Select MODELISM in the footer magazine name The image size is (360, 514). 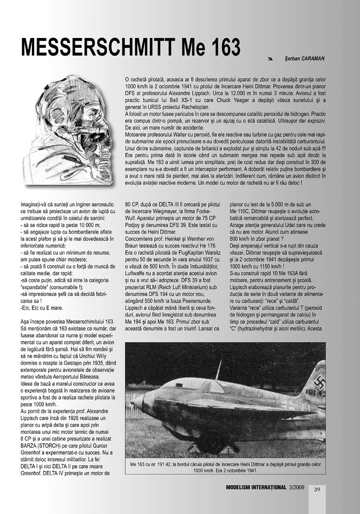pos(240,487)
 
